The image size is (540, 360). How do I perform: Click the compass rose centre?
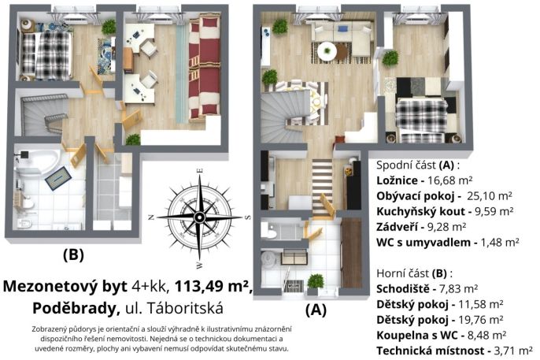[199, 217]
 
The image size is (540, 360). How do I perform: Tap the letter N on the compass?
[150, 217]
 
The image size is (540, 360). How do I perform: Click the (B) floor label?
[73, 255]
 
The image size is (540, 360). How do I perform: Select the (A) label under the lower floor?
[316, 310]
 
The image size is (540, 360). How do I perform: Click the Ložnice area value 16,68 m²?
[449, 180]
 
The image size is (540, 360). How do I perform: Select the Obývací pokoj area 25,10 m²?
[490, 195]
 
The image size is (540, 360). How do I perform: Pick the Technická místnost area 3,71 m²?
[513, 351]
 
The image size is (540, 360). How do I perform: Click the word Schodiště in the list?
[403, 288]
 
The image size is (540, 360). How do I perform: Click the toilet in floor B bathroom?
[25, 223]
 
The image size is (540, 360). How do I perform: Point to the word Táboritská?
[186, 308]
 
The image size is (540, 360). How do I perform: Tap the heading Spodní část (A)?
[418, 165]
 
